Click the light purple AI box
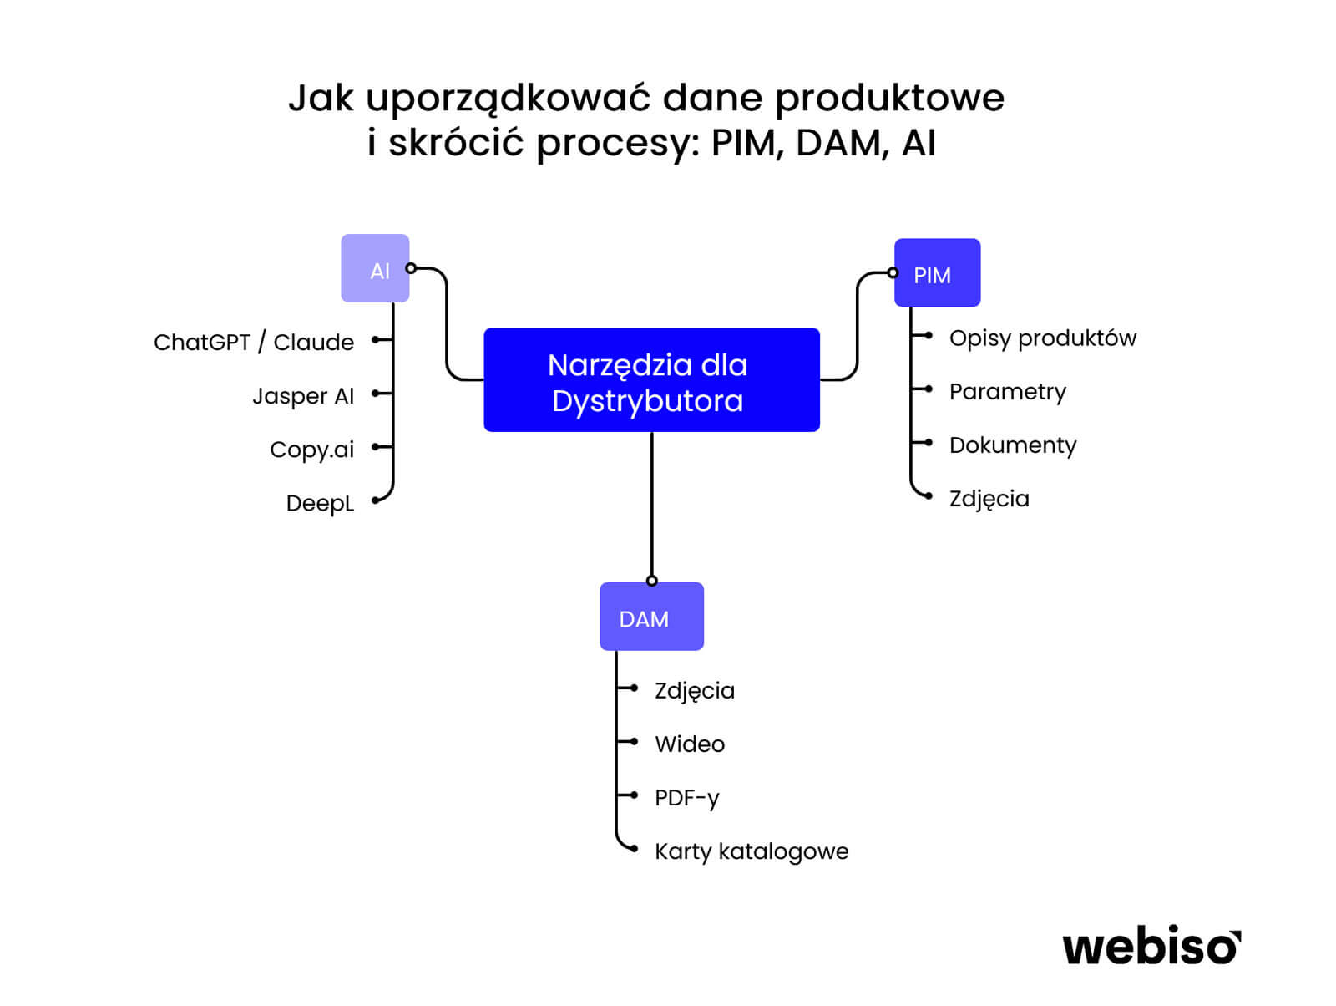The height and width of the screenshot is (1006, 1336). coord(375,268)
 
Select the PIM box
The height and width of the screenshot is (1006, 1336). coord(937,273)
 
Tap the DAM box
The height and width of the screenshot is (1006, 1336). coord(651,617)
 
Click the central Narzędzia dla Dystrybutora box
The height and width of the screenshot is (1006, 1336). coord(651,380)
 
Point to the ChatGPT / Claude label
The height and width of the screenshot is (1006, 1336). coord(254,343)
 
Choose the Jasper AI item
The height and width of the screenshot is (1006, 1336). coord(303,396)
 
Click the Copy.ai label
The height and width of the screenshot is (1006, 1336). coord(311,450)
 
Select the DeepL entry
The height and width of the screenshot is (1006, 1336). coord(320,503)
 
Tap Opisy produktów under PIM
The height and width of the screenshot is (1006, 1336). coord(1042,338)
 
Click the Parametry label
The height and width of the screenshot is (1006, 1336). coord(1007,392)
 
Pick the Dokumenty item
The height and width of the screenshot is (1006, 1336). coord(1012,445)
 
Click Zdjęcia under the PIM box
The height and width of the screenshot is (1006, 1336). coord(989,499)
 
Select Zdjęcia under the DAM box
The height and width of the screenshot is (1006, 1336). coord(694,691)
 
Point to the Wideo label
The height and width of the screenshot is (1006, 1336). coord(689,744)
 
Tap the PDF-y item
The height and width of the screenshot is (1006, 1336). coord(686,798)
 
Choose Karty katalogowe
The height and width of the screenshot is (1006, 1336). coord(751,851)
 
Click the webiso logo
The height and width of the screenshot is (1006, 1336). coord(1151,947)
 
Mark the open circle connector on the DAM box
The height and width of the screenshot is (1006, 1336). coord(652,581)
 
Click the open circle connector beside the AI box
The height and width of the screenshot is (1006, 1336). coord(411,268)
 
